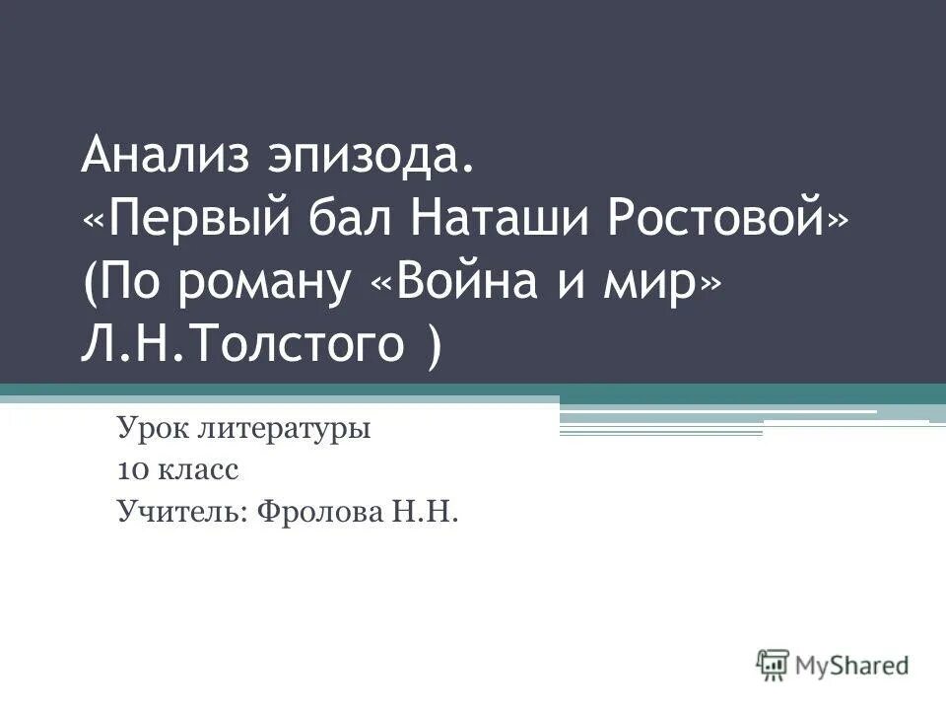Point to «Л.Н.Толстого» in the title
tap(242, 346)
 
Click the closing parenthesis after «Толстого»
tap(435, 348)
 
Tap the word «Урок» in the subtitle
tap(149, 430)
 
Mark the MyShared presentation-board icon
tap(773, 665)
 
